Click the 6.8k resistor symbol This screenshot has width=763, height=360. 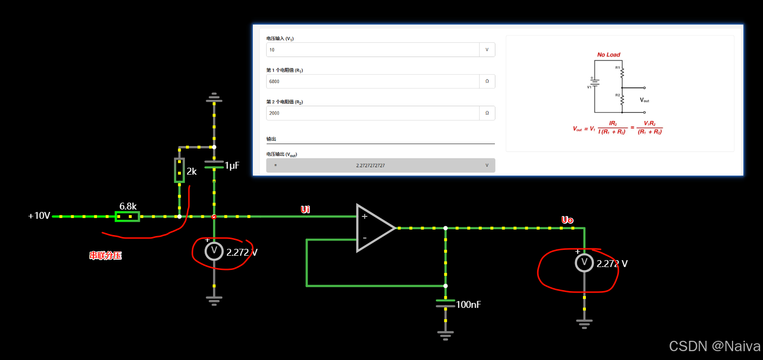pyautogui.click(x=127, y=216)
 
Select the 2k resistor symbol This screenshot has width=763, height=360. pyautogui.click(x=180, y=170)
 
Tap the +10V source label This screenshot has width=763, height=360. pyautogui.click(x=39, y=216)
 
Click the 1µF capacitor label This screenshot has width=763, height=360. pyautogui.click(x=232, y=166)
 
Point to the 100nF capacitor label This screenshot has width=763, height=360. pyautogui.click(x=468, y=305)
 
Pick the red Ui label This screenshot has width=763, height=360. pyautogui.click(x=305, y=210)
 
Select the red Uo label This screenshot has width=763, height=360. pyautogui.click(x=567, y=220)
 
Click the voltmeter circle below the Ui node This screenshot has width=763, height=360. pyautogui.click(x=214, y=251)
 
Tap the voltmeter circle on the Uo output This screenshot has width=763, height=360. pyautogui.click(x=584, y=263)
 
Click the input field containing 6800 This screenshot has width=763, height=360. pyautogui.click(x=372, y=81)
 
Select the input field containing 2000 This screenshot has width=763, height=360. pyautogui.click(x=372, y=113)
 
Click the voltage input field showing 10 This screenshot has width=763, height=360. pyautogui.click(x=372, y=50)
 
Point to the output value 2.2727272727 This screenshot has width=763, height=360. pyautogui.click(x=370, y=165)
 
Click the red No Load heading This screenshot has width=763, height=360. pyautogui.click(x=609, y=55)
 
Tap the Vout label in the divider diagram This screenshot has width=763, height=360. pyautogui.click(x=644, y=100)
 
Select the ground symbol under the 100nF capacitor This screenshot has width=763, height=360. pyautogui.click(x=445, y=335)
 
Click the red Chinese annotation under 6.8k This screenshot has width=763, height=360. pyautogui.click(x=105, y=256)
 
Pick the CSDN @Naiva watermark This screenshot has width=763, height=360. pyautogui.click(x=715, y=346)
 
